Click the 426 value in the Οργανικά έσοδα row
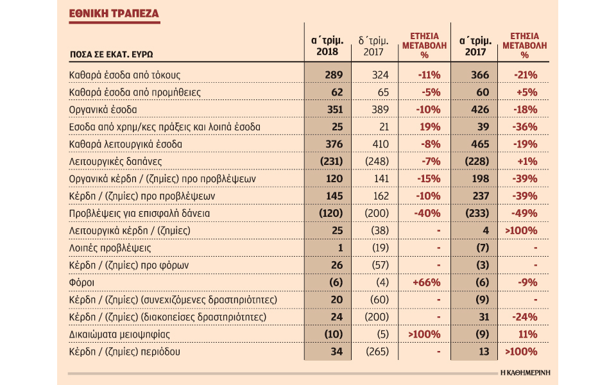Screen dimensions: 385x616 tap(479, 110)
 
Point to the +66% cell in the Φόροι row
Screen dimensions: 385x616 tap(425, 282)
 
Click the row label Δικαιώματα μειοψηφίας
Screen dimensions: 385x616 tap(114, 334)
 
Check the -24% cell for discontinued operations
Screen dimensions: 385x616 tap(526, 317)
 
